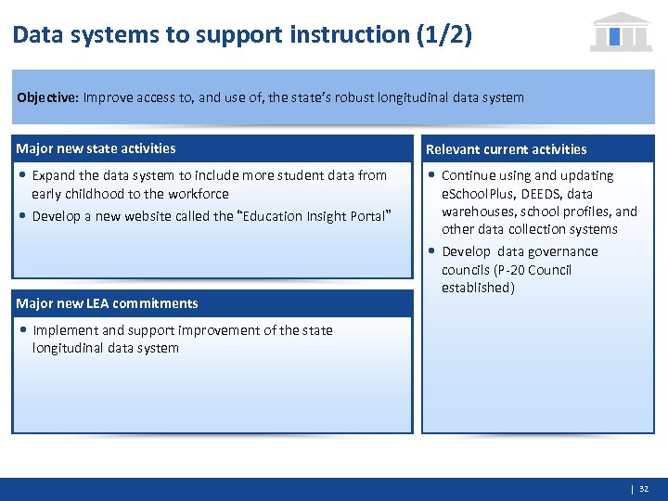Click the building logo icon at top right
point(621,32)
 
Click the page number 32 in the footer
point(644,488)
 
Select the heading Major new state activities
point(96,148)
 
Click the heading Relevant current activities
point(506,149)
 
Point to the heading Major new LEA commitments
point(107,303)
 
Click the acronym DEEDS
point(539,194)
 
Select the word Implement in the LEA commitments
point(65,330)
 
